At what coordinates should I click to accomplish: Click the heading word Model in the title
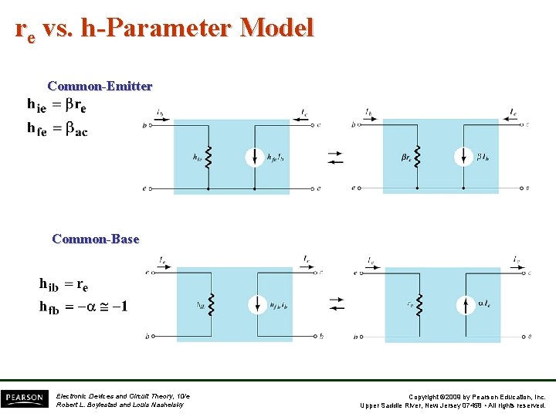click(276, 29)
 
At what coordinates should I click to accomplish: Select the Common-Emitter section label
click(100, 86)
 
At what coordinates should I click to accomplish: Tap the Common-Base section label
click(96, 239)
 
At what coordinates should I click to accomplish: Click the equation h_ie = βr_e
click(56, 103)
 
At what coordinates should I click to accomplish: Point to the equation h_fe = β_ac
click(57, 130)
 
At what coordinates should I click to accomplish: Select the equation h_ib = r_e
click(63, 284)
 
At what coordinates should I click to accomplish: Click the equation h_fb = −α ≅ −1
click(83, 307)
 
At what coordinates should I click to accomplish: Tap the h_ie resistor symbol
click(208, 157)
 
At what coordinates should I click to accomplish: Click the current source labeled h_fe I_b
click(254, 157)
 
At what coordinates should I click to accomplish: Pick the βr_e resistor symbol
click(418, 157)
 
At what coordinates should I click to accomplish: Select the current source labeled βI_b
click(463, 157)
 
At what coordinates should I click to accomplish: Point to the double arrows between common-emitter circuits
click(335, 157)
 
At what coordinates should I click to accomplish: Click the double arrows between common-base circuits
click(336, 304)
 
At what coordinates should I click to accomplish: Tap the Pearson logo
click(25, 398)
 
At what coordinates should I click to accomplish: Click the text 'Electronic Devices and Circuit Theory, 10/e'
click(123, 396)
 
